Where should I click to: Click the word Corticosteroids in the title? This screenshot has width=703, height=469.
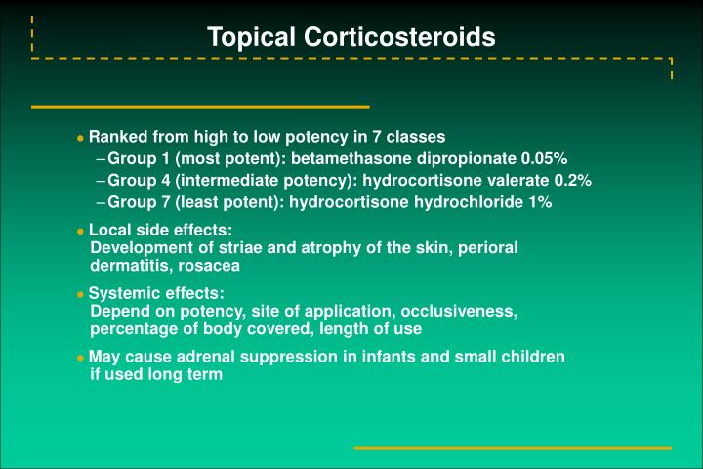click(x=400, y=38)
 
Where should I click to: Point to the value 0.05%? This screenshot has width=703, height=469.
click(x=545, y=158)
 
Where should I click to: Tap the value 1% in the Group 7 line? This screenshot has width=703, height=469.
click(x=540, y=202)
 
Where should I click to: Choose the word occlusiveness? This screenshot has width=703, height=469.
click(x=462, y=311)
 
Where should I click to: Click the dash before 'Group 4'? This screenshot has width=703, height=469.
click(x=102, y=181)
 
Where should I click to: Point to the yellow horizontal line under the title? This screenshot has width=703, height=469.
click(x=200, y=107)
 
